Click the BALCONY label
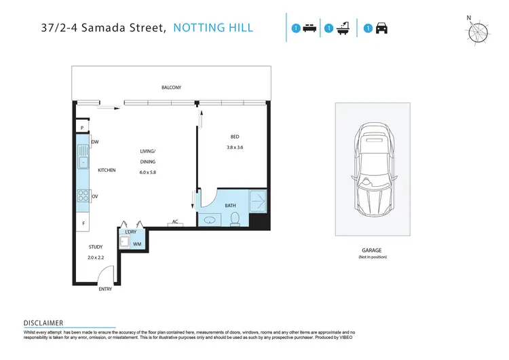click(x=171, y=88)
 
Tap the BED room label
click(x=235, y=137)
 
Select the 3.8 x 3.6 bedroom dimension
click(x=235, y=147)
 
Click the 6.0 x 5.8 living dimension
click(x=147, y=173)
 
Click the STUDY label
click(x=96, y=247)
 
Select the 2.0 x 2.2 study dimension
click(x=96, y=258)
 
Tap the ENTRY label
click(x=105, y=289)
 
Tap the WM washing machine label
click(x=136, y=244)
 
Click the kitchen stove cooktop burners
click(x=82, y=196)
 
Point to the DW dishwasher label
click(x=95, y=142)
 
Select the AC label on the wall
click(x=175, y=221)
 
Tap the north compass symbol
click(x=478, y=32)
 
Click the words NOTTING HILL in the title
click(x=213, y=28)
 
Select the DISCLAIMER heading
click(x=43, y=323)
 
